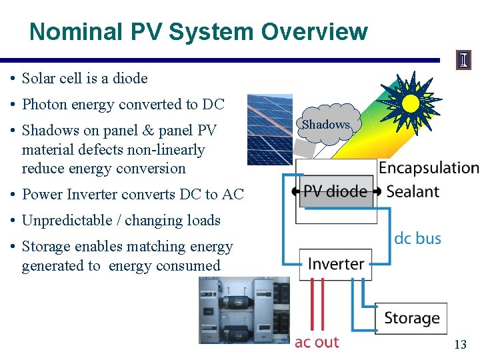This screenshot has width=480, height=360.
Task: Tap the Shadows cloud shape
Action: [x=326, y=124]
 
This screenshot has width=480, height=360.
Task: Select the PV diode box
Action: [x=335, y=192]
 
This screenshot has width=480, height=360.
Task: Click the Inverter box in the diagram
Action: [x=336, y=264]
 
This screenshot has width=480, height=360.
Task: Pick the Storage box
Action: [x=411, y=318]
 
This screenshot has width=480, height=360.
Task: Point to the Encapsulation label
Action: [x=429, y=168]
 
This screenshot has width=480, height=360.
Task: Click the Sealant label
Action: [x=413, y=192]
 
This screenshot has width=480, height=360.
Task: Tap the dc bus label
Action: [x=417, y=238]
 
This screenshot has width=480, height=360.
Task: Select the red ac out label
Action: [x=317, y=342]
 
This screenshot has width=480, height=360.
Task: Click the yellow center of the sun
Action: [x=410, y=103]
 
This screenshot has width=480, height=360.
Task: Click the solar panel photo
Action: [x=269, y=129]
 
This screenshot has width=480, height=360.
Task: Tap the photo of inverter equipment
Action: [x=244, y=310]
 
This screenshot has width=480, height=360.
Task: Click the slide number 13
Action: [x=460, y=345]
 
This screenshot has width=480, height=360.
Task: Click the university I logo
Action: [x=463, y=60]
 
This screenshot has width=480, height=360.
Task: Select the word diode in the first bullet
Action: [x=131, y=79]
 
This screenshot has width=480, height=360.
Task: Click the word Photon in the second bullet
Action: [x=43, y=105]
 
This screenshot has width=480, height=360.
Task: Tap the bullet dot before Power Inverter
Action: [x=13, y=195]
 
